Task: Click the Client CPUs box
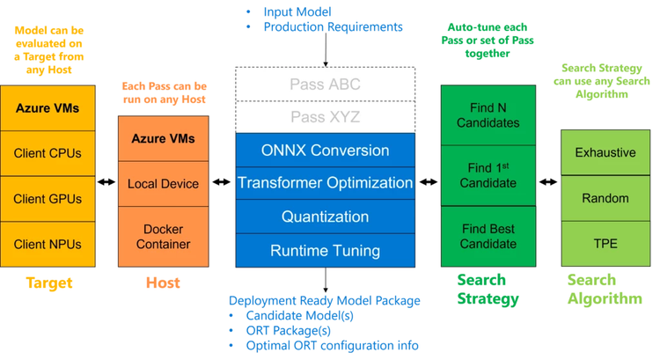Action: coord(48,153)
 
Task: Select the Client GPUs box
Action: coord(48,199)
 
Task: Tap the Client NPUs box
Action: coord(48,244)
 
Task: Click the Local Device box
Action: coord(163,184)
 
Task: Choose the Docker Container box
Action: coord(163,236)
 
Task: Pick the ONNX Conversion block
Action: coord(325,150)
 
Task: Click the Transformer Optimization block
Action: coord(325,183)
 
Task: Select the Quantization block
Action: coord(325,217)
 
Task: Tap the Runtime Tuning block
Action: coord(325,251)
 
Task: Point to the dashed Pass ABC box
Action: coord(325,84)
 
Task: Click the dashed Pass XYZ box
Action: coord(325,117)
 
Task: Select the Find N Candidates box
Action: coord(488,115)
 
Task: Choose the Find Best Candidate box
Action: coord(488,236)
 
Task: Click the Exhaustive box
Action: coord(605,152)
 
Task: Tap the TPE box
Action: coord(605,244)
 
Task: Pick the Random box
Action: coord(605,198)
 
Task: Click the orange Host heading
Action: coord(163,283)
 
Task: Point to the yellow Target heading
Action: coord(48,283)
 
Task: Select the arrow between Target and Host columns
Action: coord(106,183)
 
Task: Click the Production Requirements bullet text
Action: coord(333,27)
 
